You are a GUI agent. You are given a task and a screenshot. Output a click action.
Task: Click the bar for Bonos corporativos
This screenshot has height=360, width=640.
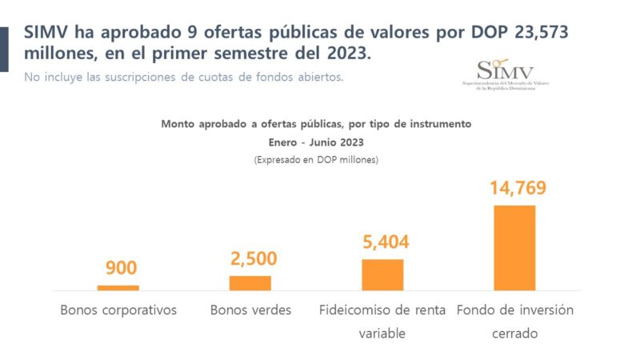pos(118,287)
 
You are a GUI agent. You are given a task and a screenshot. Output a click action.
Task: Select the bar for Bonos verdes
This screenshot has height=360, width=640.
pos(250,282)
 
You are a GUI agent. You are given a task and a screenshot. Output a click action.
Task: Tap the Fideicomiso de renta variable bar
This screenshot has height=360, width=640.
pos(382,274)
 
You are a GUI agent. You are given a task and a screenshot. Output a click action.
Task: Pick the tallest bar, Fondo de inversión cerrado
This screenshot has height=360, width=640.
pos(514,247)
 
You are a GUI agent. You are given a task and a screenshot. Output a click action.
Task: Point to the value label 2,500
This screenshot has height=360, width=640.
pos(254,258)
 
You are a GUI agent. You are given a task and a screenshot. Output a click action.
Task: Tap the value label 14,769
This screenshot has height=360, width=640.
pos(518,189)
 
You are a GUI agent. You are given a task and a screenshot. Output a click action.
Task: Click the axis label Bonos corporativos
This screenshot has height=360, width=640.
pos(118,310)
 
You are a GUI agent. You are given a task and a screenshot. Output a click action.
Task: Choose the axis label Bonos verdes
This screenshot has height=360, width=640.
pos(250,310)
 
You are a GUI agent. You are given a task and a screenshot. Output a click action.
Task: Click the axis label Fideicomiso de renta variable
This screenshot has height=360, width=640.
pos(382,321)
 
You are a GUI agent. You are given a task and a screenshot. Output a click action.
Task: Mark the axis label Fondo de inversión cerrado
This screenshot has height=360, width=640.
pos(514,321)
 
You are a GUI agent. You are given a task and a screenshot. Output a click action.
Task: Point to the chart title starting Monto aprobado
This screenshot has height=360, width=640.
pos(316,125)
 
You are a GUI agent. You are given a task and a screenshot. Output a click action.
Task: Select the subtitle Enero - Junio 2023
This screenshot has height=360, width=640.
pos(316,142)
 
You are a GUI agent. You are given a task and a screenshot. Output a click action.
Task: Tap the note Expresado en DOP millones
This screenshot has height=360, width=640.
pos(316,159)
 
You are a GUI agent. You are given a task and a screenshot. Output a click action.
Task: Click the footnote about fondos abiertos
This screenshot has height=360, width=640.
pos(184,77)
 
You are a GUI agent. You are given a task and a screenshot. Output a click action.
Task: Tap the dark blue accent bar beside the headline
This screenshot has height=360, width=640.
pos(4,48)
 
